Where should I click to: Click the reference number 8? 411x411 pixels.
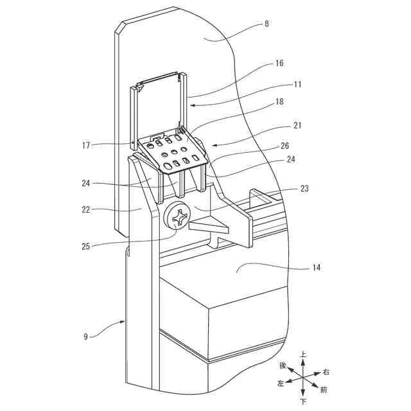(x=267, y=24)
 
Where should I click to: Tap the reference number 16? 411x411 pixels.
(x=279, y=64)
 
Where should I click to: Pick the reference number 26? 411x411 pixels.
(x=285, y=146)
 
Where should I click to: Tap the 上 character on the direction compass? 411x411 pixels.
(x=304, y=354)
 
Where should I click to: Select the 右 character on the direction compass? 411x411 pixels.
(x=326, y=372)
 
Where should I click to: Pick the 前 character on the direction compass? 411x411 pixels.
(x=324, y=389)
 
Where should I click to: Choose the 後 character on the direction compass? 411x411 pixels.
(x=283, y=365)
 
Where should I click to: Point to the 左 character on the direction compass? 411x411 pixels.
(x=280, y=383)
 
